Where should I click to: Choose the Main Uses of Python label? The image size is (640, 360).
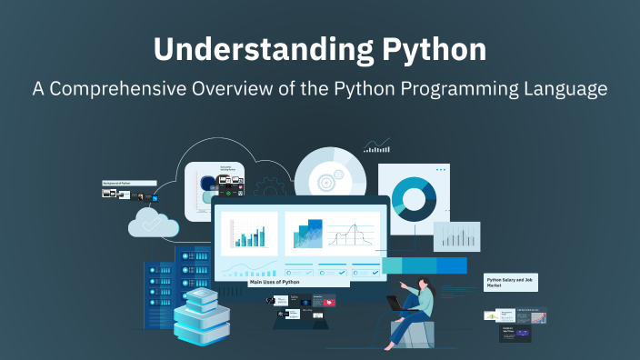pos(275,283)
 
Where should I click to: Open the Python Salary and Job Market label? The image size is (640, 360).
pos(511,283)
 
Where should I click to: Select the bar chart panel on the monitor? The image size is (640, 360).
pos(249,234)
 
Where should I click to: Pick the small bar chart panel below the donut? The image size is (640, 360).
pos(455,236)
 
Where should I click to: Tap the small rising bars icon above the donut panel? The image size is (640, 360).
pos(376,145)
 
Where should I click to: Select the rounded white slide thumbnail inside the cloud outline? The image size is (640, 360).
pos(215,191)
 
